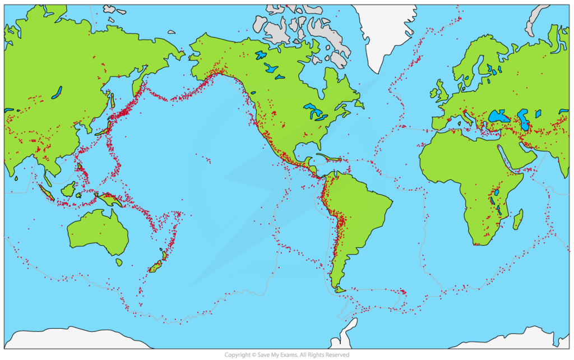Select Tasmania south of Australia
tap(119, 262)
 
